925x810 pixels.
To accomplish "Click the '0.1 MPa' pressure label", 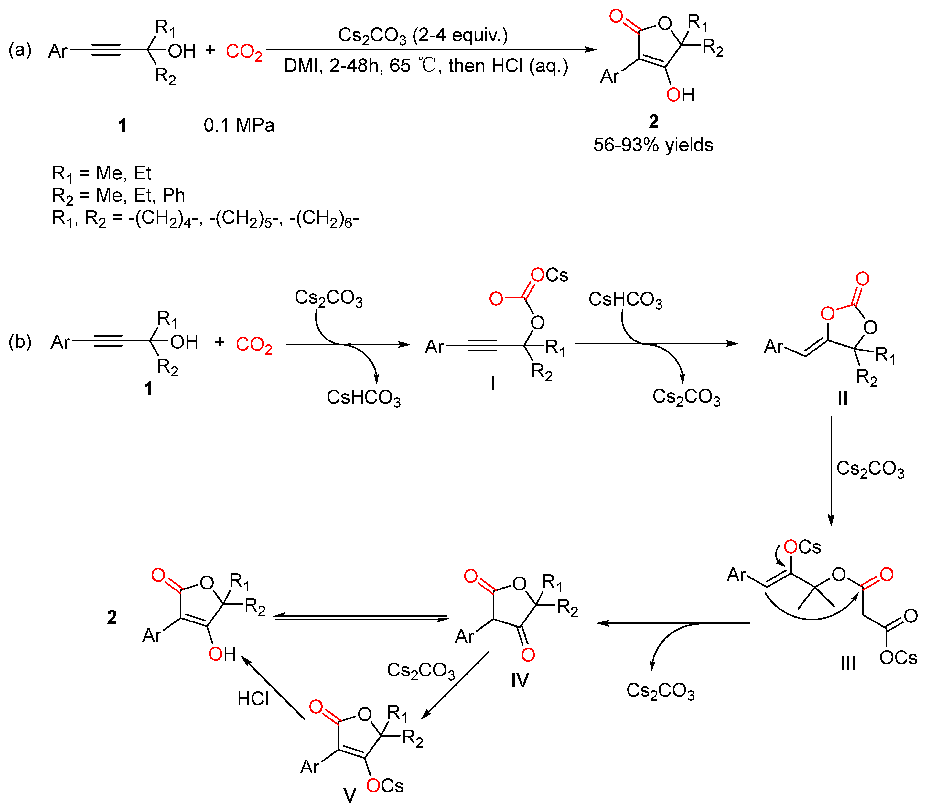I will [x=239, y=125].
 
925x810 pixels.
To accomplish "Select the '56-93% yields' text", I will [x=653, y=145].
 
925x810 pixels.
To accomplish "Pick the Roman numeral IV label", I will [x=520, y=681].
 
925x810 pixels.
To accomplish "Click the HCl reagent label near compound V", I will [x=253, y=699].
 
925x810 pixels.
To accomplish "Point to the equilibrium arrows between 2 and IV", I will [x=360, y=618].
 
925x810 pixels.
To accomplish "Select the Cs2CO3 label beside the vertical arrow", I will [x=870, y=469].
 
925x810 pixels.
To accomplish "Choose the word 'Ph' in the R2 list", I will [x=174, y=195].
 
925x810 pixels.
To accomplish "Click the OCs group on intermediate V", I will [x=385, y=786].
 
